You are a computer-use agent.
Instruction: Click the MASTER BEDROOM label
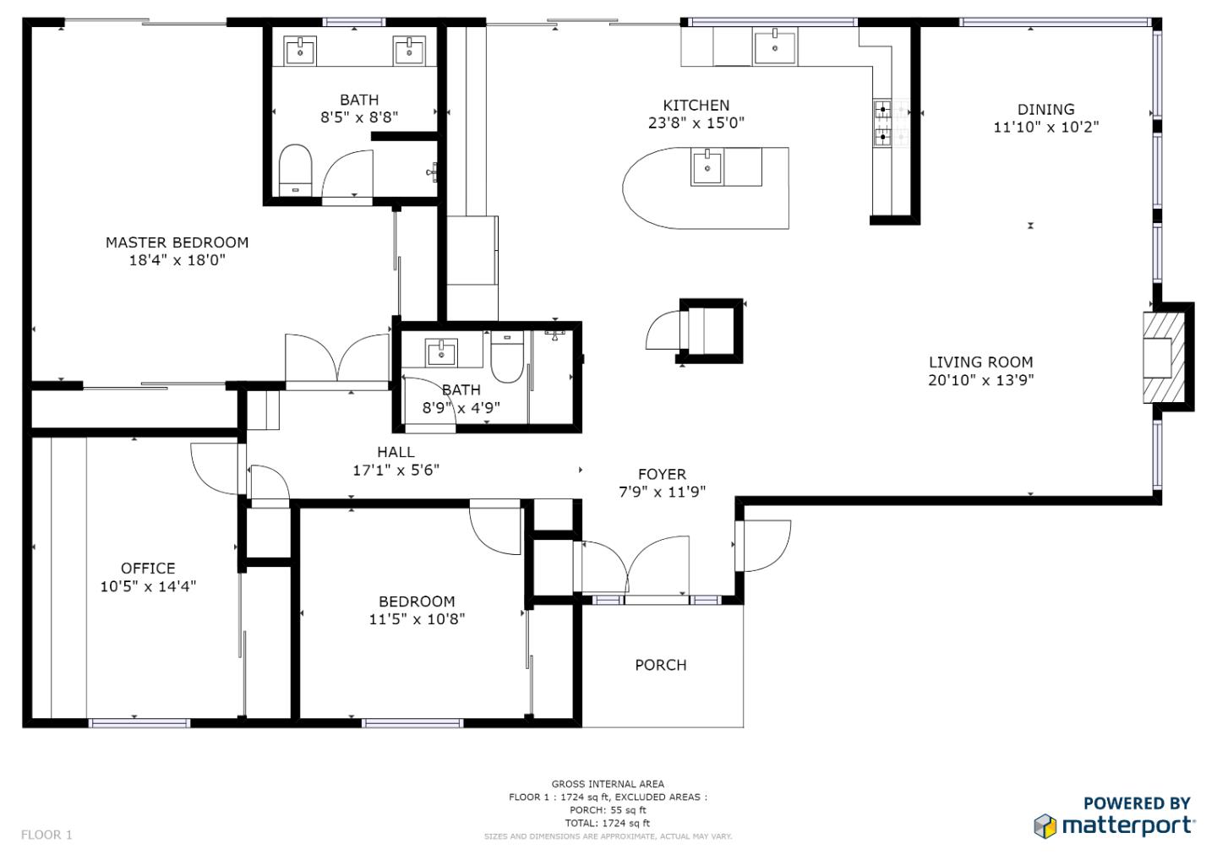[177, 242]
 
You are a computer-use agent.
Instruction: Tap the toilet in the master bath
[296, 170]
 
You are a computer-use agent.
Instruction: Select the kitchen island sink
[707, 168]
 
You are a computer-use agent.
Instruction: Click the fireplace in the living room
[1164, 357]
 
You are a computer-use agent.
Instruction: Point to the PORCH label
[661, 665]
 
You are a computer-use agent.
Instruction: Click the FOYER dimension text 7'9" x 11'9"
[663, 492]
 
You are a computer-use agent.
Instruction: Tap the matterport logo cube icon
[1045, 825]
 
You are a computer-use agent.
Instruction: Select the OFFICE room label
[148, 568]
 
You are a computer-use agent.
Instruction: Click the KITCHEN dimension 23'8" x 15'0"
[696, 122]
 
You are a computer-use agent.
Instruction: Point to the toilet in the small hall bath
[507, 357]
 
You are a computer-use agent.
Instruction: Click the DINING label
[1046, 109]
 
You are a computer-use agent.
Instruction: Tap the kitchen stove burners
[883, 123]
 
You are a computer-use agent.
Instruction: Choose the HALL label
[396, 452]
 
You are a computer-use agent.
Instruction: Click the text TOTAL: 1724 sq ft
[608, 823]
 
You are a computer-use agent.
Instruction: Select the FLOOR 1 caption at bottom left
[46, 835]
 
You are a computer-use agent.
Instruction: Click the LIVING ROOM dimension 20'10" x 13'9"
[980, 380]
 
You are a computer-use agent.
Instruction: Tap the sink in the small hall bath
[441, 352]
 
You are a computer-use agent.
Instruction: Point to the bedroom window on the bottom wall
[412, 722]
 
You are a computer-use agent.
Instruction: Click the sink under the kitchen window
[775, 46]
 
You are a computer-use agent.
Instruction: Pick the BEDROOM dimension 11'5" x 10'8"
[417, 619]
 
